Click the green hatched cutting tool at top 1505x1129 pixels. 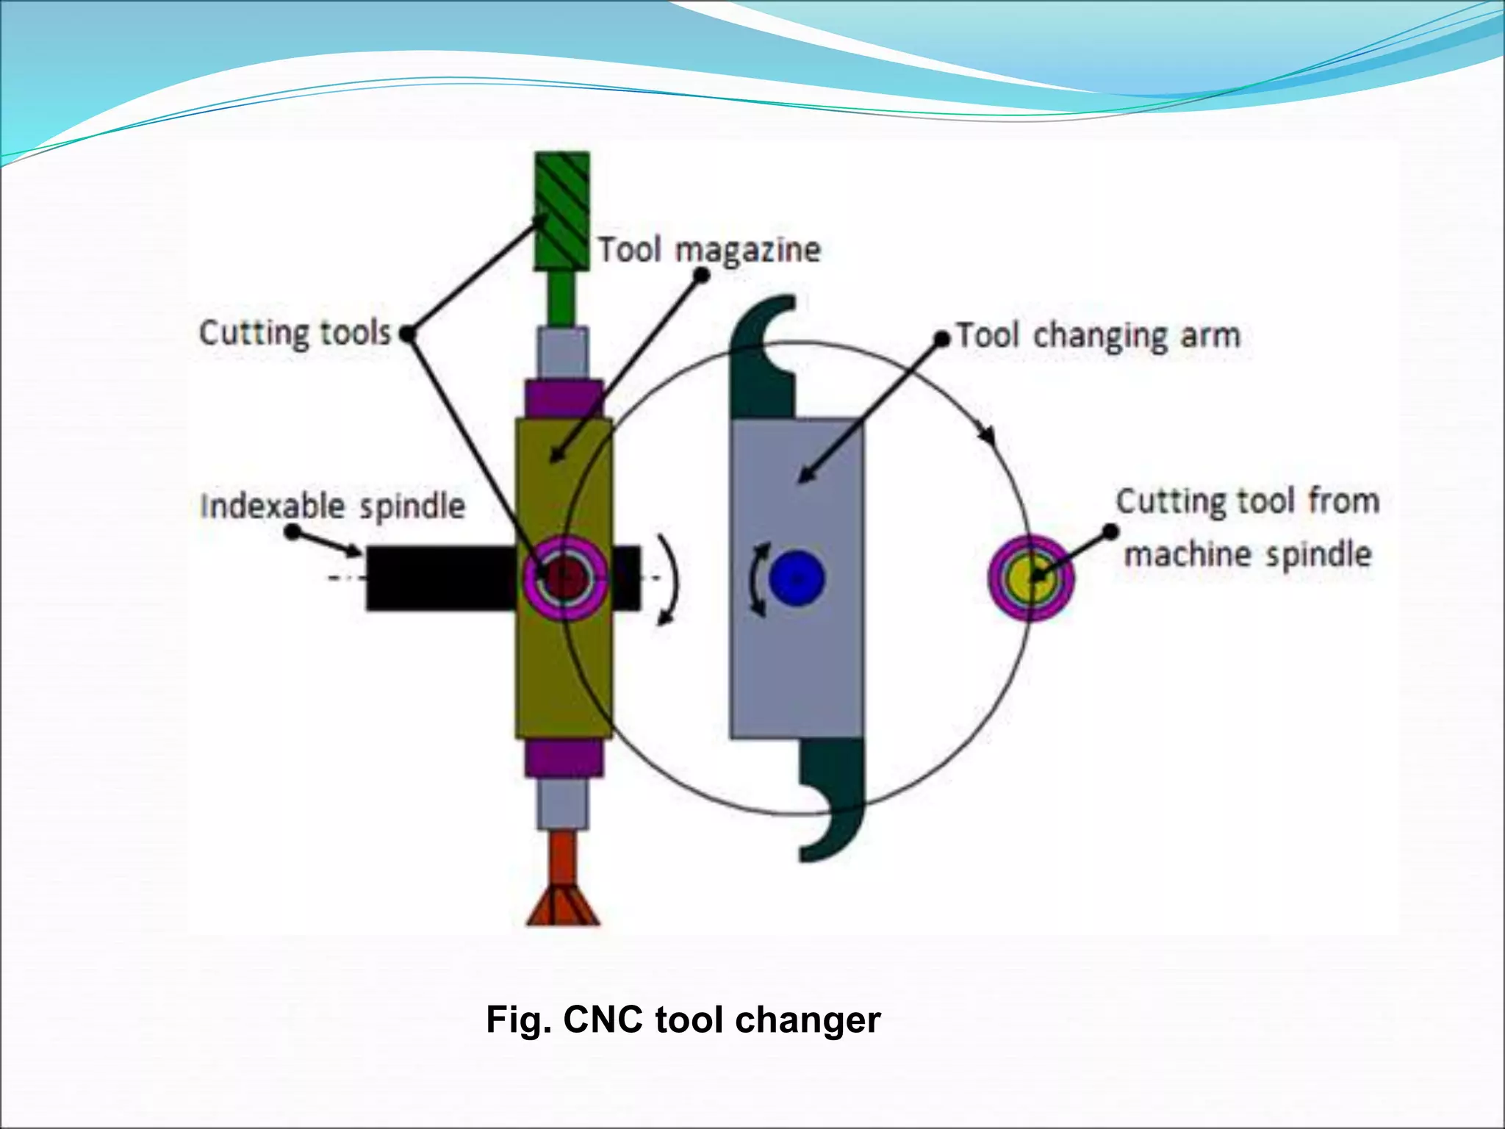click(x=562, y=210)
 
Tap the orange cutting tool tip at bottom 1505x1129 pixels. click(x=564, y=908)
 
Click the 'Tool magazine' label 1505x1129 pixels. click(x=708, y=250)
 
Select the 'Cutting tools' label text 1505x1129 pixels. click(x=295, y=333)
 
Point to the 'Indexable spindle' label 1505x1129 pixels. click(x=333, y=506)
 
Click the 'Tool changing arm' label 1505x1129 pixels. click(x=1099, y=336)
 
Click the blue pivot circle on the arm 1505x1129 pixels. click(x=797, y=578)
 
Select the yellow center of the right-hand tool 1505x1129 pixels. click(x=1030, y=577)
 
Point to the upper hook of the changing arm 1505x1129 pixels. click(x=764, y=353)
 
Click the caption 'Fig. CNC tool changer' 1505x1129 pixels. click(x=683, y=1020)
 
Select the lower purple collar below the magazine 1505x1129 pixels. click(x=564, y=759)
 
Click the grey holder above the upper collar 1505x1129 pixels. click(x=563, y=353)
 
